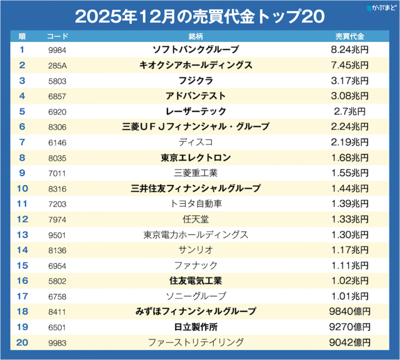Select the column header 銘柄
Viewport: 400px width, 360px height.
click(x=195, y=37)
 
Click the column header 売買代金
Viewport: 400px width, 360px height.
click(x=349, y=37)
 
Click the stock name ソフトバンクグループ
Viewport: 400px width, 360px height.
click(x=195, y=50)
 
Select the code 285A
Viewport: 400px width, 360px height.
click(x=56, y=65)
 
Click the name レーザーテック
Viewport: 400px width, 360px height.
click(x=195, y=111)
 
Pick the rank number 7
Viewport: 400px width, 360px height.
click(x=22, y=142)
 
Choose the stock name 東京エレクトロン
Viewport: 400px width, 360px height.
click(x=195, y=157)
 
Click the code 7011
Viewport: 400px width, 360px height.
click(x=56, y=173)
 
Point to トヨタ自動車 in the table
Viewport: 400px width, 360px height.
click(x=195, y=204)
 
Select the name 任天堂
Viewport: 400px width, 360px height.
click(x=195, y=219)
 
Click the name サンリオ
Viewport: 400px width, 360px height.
click(x=195, y=250)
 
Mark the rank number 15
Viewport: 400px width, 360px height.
click(x=22, y=265)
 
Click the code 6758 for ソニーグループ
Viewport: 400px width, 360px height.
click(x=56, y=296)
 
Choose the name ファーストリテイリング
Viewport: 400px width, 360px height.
click(x=195, y=342)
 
